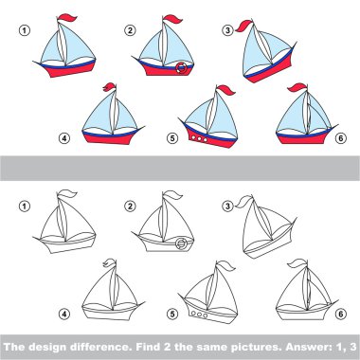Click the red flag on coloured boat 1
[67, 18]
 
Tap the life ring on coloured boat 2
[181, 68]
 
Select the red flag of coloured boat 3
[243, 26]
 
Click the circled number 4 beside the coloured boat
[64, 138]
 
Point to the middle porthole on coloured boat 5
[199, 138]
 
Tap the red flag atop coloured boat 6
[297, 87]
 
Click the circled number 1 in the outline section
[24, 207]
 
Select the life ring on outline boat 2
[181, 243]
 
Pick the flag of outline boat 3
[243, 202]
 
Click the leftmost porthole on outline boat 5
[193, 314]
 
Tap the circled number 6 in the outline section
[341, 314]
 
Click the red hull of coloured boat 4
[109, 138]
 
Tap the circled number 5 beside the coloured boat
[172, 138]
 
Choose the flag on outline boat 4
[109, 262]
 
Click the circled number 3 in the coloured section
[227, 30]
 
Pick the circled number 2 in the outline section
[130, 207]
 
